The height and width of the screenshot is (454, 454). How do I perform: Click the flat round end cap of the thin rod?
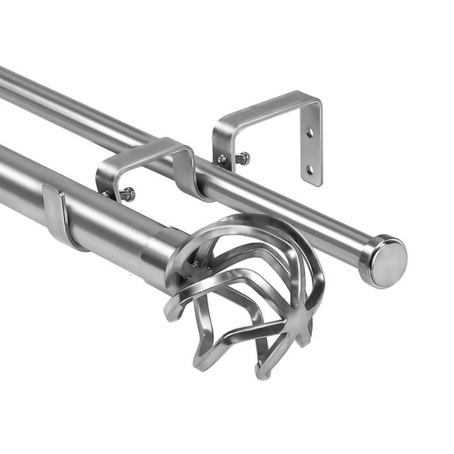coord(388,262)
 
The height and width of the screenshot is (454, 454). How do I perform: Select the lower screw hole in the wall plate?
coord(310,169)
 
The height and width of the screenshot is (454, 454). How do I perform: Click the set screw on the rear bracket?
coord(241,158)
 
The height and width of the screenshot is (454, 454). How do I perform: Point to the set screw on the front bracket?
coord(126,193)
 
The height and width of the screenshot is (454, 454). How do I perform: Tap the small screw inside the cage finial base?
coord(195,263)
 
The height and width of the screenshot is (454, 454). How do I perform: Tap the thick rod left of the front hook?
coord(24,186)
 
